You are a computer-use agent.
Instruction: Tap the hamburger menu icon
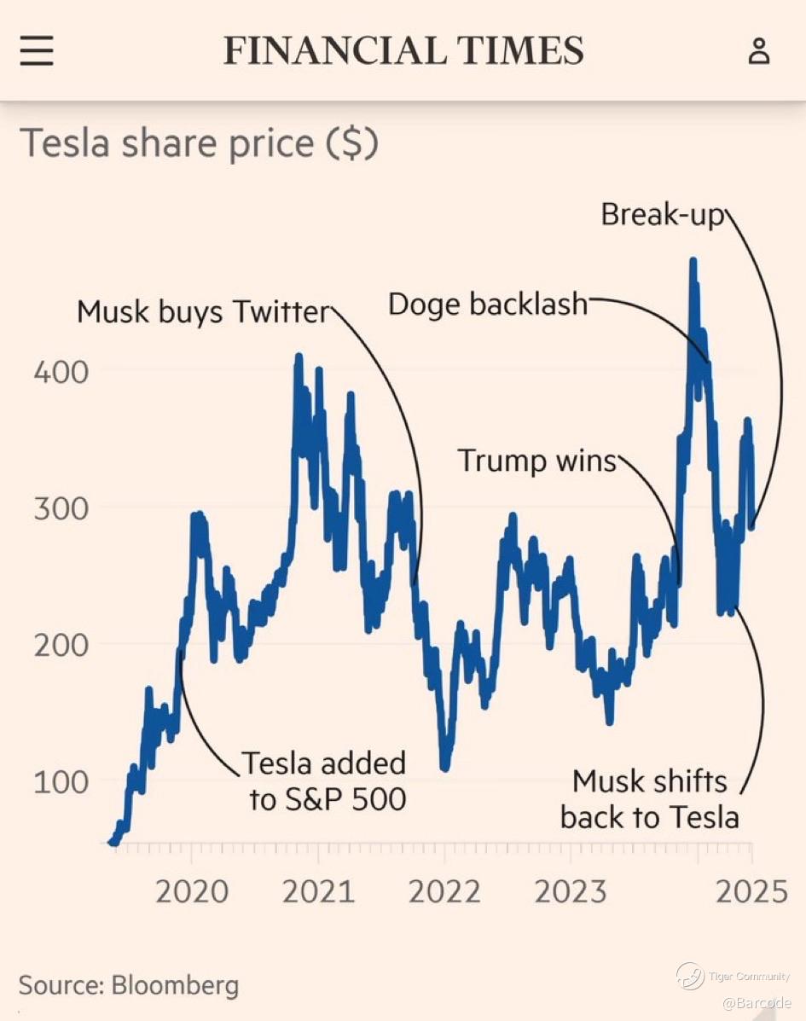point(37,51)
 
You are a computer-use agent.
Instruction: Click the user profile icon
point(758,51)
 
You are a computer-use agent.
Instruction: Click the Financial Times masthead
point(403,51)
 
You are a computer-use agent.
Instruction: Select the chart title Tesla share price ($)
point(199,143)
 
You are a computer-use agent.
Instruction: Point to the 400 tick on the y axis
point(61,372)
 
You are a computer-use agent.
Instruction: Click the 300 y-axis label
point(61,508)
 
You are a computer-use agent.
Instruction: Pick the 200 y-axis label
point(61,645)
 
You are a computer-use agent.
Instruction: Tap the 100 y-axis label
point(61,781)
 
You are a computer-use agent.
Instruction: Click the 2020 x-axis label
point(192,892)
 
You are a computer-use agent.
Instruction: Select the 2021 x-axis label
point(318,892)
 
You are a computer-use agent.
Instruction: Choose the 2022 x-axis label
point(444,892)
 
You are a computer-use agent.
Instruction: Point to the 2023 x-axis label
point(571,892)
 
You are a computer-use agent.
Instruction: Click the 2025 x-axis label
point(751,892)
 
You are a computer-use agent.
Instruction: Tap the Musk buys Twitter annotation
point(203,312)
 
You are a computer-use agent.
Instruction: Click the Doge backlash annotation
point(488,304)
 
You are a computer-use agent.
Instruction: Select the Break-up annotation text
point(662,214)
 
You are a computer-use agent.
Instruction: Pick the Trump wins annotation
point(537,461)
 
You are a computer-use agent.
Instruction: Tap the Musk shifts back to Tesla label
point(649,799)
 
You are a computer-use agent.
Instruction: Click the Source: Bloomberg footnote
point(129,986)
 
